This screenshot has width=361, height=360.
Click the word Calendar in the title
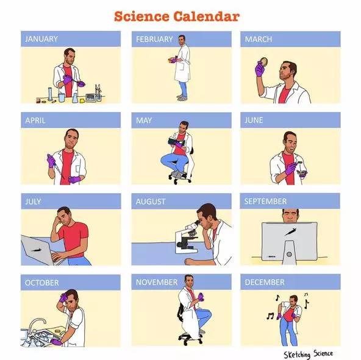pyautogui.click(x=206, y=16)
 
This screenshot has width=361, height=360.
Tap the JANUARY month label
pyautogui.click(x=41, y=39)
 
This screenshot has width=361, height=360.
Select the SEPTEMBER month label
pyautogui.click(x=265, y=201)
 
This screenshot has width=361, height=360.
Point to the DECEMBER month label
pyautogui.click(x=265, y=282)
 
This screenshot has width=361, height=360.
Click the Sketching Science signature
pyautogui.click(x=309, y=354)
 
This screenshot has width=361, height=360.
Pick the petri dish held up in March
pyautogui.click(x=263, y=62)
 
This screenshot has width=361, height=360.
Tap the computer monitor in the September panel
pyautogui.click(x=289, y=242)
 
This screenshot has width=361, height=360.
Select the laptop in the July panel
pyautogui.click(x=39, y=250)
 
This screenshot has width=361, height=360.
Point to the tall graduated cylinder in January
pyautogui.click(x=50, y=94)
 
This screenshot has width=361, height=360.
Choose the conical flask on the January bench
pyautogui.click(x=75, y=98)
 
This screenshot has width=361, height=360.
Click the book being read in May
pyautogui.click(x=175, y=141)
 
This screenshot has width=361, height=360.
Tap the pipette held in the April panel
pyautogui.click(x=57, y=167)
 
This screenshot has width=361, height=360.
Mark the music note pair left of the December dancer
pyautogui.click(x=270, y=316)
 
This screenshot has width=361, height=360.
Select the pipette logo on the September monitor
pyautogui.click(x=290, y=231)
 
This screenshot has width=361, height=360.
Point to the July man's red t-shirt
pyautogui.click(x=74, y=239)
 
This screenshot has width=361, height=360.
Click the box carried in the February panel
pyautogui.click(x=171, y=60)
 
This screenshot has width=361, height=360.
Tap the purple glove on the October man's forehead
pyautogui.click(x=63, y=297)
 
